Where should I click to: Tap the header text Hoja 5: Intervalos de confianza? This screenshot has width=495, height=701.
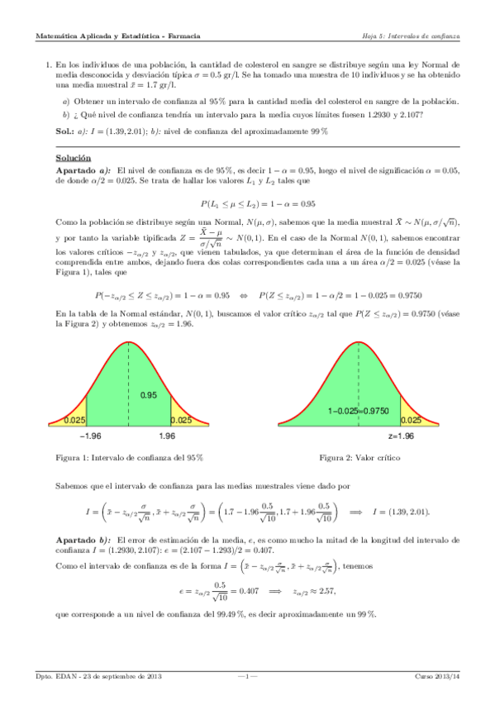[x=411, y=36]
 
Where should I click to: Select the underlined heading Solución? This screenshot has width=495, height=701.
[x=73, y=158]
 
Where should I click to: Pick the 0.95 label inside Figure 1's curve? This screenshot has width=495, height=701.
[x=149, y=395]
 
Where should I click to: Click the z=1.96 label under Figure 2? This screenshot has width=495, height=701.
[x=401, y=436]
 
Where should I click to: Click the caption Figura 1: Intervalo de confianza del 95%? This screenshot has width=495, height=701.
[x=128, y=457]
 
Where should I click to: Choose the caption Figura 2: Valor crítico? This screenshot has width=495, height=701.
[x=364, y=457]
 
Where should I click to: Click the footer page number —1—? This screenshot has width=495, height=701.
[x=248, y=677]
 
